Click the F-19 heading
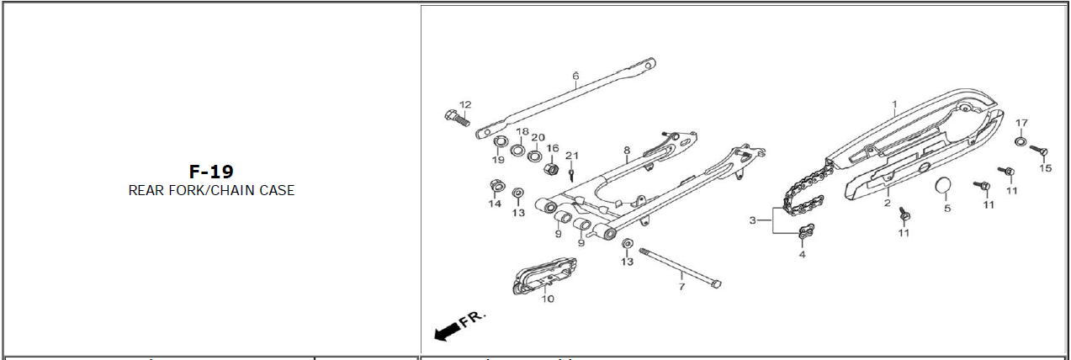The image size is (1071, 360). tap(211, 171)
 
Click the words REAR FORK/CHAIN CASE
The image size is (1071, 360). tap(211, 190)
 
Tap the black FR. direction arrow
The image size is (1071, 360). tap(448, 331)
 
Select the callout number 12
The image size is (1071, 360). tap(465, 104)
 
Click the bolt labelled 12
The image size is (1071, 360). tap(457, 118)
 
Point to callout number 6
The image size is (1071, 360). tap(575, 76)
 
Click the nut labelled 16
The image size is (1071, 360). tap(551, 169)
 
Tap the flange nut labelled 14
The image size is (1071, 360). tap(497, 186)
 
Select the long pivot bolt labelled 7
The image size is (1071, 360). tap(680, 267)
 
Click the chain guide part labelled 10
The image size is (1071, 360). tap(544, 277)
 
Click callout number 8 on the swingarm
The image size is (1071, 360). tap(627, 151)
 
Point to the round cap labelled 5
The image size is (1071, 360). tap(943, 186)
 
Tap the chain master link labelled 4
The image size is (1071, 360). tap(806, 231)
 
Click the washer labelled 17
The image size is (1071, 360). tap(1019, 141)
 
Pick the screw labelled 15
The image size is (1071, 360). tap(1038, 151)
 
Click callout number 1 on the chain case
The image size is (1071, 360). tap(894, 103)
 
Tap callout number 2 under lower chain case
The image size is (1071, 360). tap(888, 203)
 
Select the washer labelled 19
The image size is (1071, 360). tap(500, 142)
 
